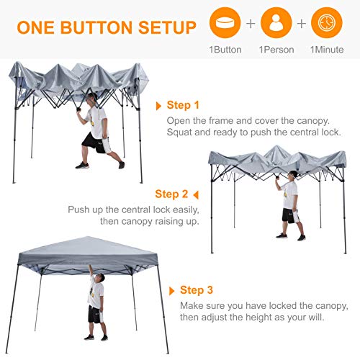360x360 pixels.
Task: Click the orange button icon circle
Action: (225, 22)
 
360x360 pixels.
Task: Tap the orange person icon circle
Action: (276, 22)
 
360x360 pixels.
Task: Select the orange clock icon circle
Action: (327, 22)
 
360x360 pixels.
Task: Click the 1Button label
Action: (225, 50)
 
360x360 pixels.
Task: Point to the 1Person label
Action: (276, 50)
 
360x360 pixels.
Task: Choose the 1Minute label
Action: (327, 50)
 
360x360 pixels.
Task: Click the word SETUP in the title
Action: (167, 27)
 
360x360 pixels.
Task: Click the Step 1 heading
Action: (183, 105)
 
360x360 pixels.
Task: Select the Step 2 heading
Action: (171, 194)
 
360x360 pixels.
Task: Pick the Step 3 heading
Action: (197, 290)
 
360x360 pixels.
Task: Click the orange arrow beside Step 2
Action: (196, 195)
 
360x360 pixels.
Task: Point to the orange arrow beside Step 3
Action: (172, 291)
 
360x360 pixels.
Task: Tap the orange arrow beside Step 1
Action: (158, 106)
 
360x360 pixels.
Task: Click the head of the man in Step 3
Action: (101, 279)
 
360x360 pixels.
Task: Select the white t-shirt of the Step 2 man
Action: (289, 195)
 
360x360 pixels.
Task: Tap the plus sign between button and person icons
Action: (251, 23)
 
